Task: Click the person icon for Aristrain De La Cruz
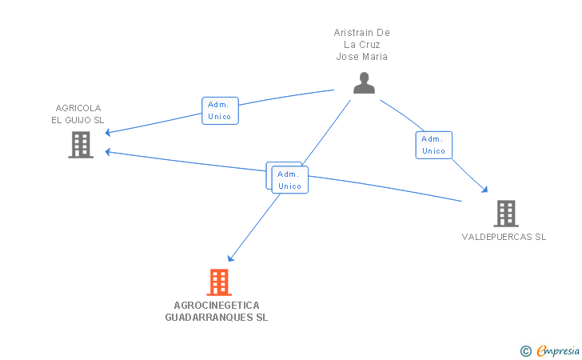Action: (364, 83)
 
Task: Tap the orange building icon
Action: (218, 282)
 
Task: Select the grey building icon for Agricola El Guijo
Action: (80, 145)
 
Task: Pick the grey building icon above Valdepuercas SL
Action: (505, 214)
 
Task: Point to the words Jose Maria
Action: (361, 57)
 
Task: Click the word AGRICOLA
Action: (78, 108)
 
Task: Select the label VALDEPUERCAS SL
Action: (504, 237)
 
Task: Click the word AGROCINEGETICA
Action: (217, 305)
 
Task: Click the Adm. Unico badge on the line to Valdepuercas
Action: (433, 145)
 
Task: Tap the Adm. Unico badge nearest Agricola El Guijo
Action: (219, 110)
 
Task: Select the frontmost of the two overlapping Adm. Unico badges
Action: (289, 180)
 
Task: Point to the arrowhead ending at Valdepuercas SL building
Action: (485, 190)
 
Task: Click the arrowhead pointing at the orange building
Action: (230, 258)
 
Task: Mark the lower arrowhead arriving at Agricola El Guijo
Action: (106, 151)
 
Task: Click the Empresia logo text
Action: (558, 350)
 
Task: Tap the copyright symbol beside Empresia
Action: (525, 350)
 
